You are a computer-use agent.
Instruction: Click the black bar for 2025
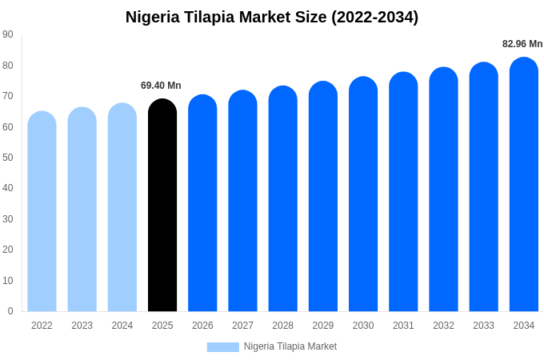pyautogui.click(x=162, y=206)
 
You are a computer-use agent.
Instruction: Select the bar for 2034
pyautogui.click(x=524, y=185)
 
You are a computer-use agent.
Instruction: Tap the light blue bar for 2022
pyautogui.click(x=42, y=212)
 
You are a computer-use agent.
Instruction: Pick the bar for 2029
pyautogui.click(x=323, y=197)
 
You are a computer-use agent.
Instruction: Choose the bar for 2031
pyautogui.click(x=403, y=192)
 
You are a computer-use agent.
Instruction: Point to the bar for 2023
pyautogui.click(x=82, y=210)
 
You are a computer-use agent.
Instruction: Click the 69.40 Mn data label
pyautogui.click(x=161, y=86)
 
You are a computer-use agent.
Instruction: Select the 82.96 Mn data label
pyautogui.click(x=522, y=44)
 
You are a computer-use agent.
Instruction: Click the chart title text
pyautogui.click(x=272, y=17)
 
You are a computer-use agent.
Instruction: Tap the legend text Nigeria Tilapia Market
pyautogui.click(x=290, y=346)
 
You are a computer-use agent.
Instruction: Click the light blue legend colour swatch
pyautogui.click(x=222, y=346)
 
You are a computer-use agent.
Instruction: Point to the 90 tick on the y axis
pyautogui.click(x=8, y=34)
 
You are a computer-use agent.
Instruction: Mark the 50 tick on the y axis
pyautogui.click(x=8, y=158)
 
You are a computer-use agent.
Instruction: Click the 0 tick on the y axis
pyautogui.click(x=10, y=311)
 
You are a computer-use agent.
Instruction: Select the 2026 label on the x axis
pyautogui.click(x=202, y=326)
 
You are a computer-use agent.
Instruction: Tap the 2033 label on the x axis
pyautogui.click(x=483, y=326)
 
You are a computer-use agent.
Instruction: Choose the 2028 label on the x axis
pyautogui.click(x=282, y=326)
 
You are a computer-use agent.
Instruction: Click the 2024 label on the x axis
pyautogui.click(x=122, y=326)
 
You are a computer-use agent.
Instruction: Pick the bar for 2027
pyautogui.click(x=242, y=201)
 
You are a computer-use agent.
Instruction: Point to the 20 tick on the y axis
pyautogui.click(x=8, y=250)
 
